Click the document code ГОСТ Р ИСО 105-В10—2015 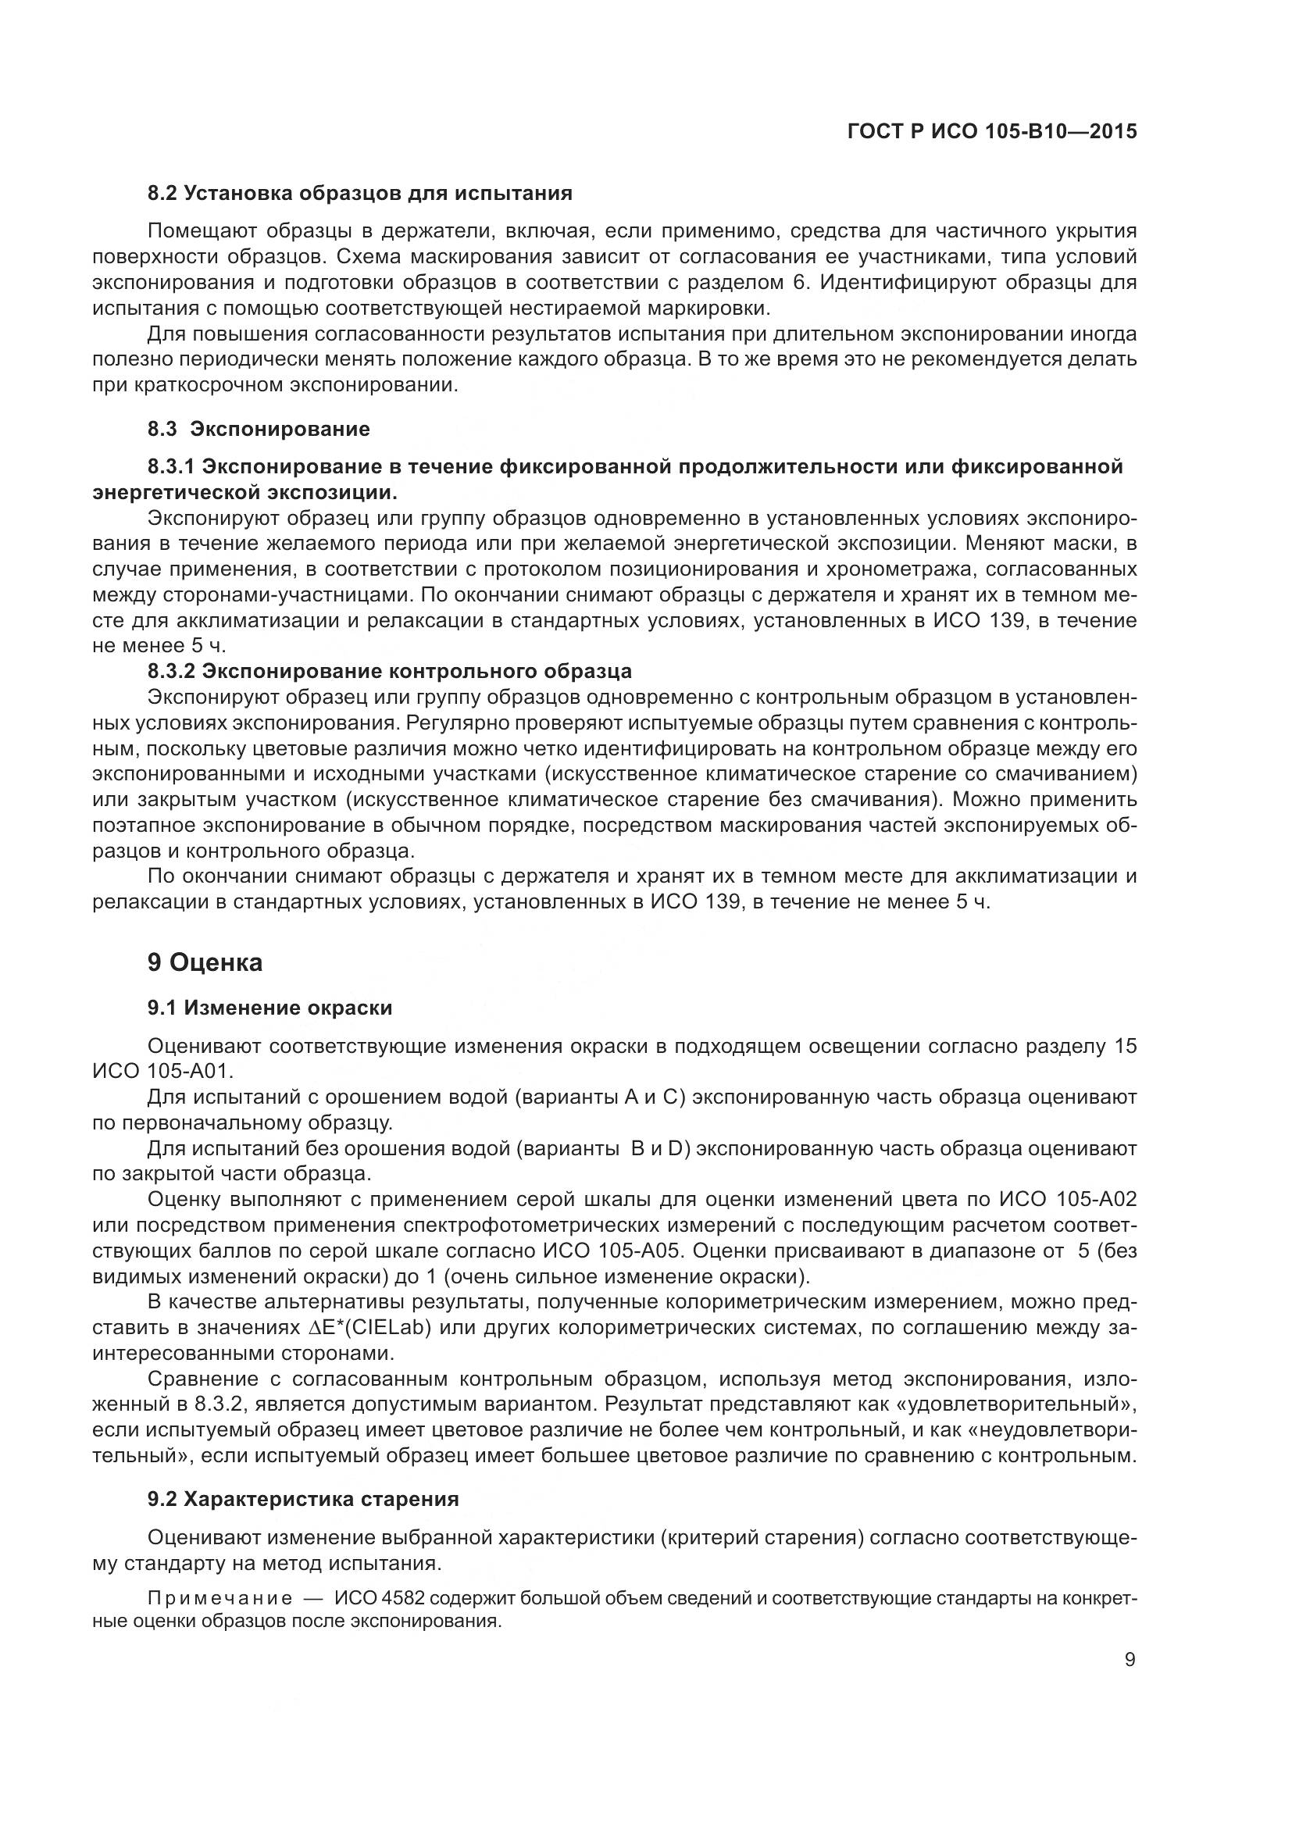tap(992, 131)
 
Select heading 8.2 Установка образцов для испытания tap(359, 194)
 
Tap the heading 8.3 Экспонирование tap(259, 430)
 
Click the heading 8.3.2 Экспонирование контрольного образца tap(389, 671)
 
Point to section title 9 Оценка tap(205, 963)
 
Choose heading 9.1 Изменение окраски tap(269, 1008)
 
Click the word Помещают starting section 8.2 tap(202, 231)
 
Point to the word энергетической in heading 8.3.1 tap(178, 492)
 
